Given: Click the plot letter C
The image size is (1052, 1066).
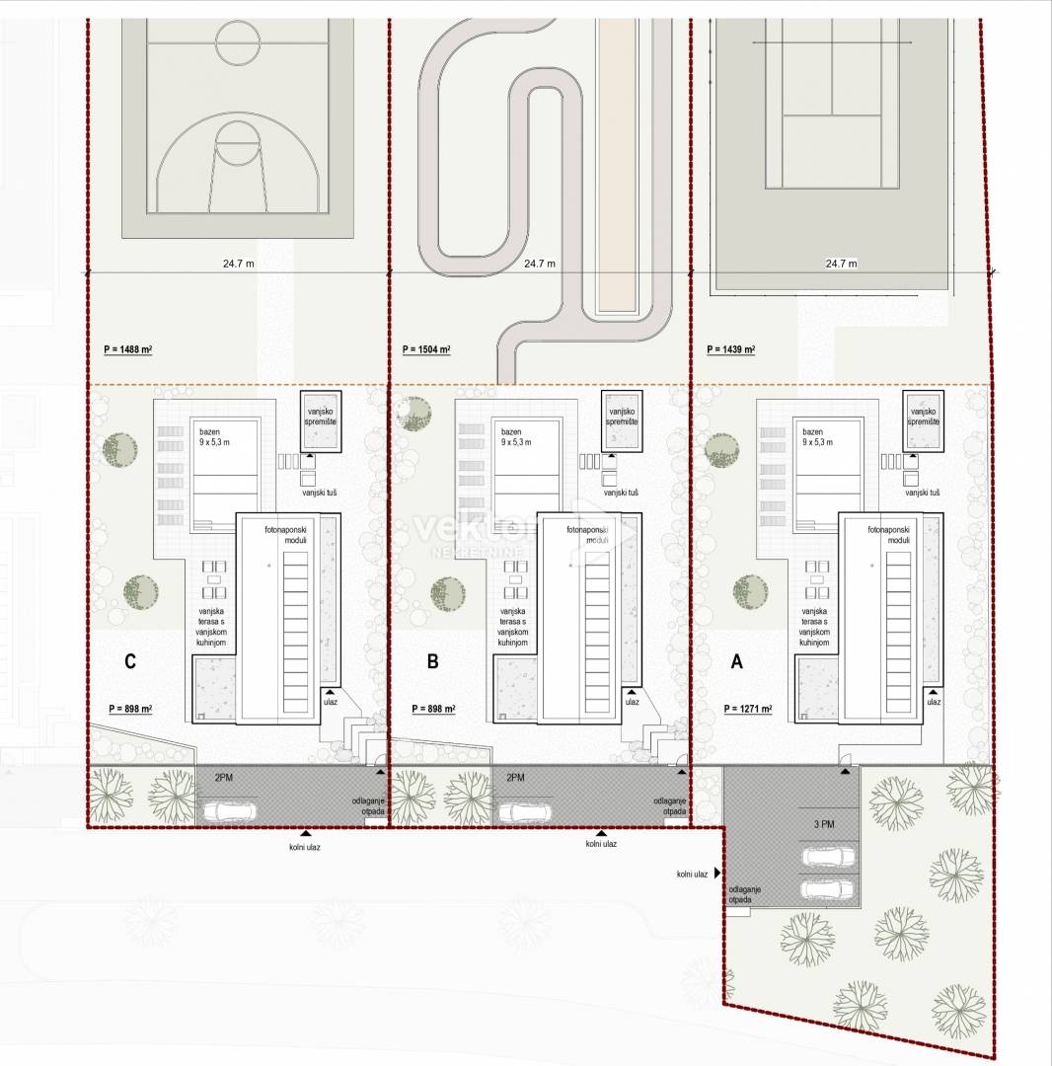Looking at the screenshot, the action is [x=130, y=661].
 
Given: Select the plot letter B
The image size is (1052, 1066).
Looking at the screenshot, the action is [x=432, y=661].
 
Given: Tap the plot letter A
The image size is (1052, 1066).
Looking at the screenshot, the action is [x=736, y=661].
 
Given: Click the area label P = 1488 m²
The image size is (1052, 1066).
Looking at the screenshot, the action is [x=127, y=349].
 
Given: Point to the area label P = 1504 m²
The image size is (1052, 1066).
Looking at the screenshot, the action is [x=426, y=349].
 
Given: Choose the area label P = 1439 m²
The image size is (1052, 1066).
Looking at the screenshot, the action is [x=730, y=349].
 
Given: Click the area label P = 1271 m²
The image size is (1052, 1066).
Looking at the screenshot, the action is [x=747, y=709].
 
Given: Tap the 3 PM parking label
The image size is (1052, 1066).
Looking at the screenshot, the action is [x=824, y=824].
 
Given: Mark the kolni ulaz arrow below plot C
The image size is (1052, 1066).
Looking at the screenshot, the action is [x=306, y=833].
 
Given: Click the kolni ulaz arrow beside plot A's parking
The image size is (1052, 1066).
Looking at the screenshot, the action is [x=717, y=873].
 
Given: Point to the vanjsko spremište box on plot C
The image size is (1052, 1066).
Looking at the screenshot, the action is [x=321, y=420].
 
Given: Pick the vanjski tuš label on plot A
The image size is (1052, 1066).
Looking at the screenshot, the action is [x=922, y=493].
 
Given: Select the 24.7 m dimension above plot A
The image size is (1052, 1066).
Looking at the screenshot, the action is [x=841, y=264].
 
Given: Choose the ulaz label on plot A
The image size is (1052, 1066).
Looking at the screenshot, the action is [x=934, y=702].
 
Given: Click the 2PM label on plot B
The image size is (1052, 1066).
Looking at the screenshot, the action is [x=515, y=777].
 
